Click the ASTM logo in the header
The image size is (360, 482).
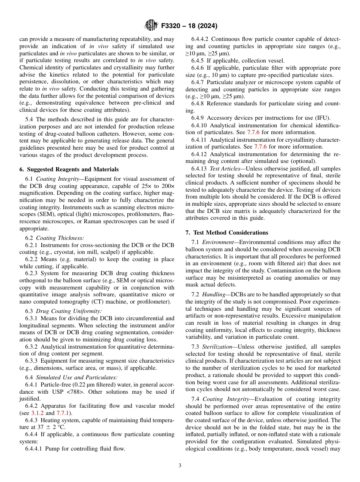click(x=151, y=26)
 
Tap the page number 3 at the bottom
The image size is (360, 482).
click(x=180, y=466)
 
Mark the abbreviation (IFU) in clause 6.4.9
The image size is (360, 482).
click(x=322, y=118)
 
